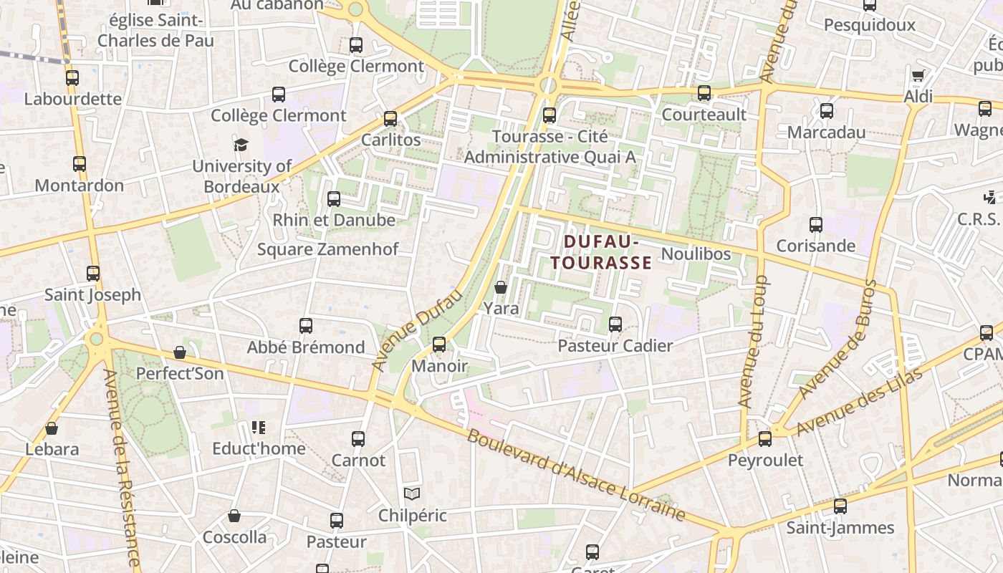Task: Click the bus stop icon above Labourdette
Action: coord(72,78)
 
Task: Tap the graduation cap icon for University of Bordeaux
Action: coord(241,145)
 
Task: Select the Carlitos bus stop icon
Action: coord(390,119)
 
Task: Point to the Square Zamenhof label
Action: coord(327,249)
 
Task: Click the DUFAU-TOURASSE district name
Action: coord(601,252)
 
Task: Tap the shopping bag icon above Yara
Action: coord(501,287)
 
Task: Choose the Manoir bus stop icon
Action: coord(439,345)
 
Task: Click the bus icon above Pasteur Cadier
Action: coord(615,324)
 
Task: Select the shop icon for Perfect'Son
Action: coord(180,352)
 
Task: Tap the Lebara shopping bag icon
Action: coord(52,428)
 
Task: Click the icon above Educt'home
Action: coord(259,428)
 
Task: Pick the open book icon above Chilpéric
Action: coord(412,493)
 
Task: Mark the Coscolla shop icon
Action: coord(234,516)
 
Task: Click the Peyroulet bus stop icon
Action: coord(765,438)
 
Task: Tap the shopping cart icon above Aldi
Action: coord(918,75)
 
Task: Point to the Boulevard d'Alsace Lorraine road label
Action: coord(577,475)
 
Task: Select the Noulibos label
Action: coord(696,254)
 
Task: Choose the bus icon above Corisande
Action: coord(816,225)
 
